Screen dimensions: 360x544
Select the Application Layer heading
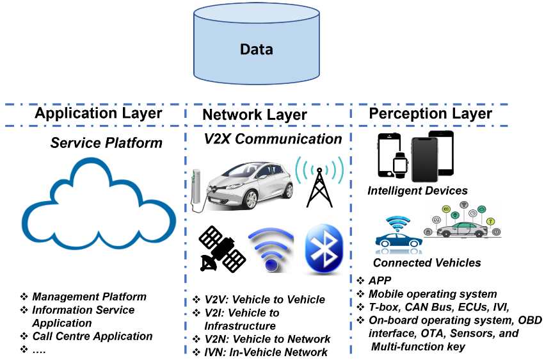pyautogui.click(x=99, y=113)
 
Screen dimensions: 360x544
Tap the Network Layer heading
pyautogui.click(x=255, y=115)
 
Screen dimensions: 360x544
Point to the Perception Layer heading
pyautogui.click(x=430, y=113)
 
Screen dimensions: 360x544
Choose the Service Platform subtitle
pyautogui.click(x=106, y=142)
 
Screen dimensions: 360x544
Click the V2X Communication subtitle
pyautogui.click(x=273, y=138)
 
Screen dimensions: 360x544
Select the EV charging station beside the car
pyautogui.click(x=198, y=189)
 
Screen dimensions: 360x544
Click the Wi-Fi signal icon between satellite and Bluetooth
pyautogui.click(x=271, y=250)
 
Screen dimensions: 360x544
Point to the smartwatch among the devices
pyautogui.click(x=400, y=165)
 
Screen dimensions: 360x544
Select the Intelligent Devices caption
pyautogui.click(x=417, y=191)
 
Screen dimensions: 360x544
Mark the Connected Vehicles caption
pyautogui.click(x=427, y=263)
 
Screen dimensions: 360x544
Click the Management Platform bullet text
pyautogui.click(x=89, y=297)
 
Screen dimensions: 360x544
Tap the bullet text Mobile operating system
pyautogui.click(x=432, y=294)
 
